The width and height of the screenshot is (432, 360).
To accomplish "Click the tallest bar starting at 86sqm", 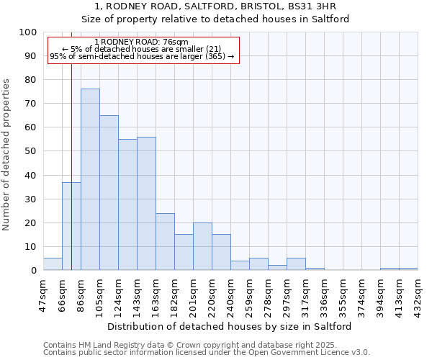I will tap(90, 179).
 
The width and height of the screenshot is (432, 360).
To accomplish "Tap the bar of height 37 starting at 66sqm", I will tap(71, 226).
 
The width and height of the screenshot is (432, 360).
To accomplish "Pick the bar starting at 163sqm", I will tap(165, 241).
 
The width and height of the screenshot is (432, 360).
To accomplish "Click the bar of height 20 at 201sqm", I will tap(202, 246).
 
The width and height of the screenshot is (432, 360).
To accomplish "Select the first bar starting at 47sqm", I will tap(53, 264).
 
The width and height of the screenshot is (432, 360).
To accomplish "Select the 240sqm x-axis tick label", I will tap(231, 295).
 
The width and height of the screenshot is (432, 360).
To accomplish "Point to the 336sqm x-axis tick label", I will tap(325, 295).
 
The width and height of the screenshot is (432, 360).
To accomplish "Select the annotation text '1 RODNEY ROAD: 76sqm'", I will tap(141, 42).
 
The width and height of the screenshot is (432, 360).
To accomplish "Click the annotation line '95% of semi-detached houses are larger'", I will tap(141, 56).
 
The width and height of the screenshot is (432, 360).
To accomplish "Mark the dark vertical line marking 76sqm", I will tap(71, 144).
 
